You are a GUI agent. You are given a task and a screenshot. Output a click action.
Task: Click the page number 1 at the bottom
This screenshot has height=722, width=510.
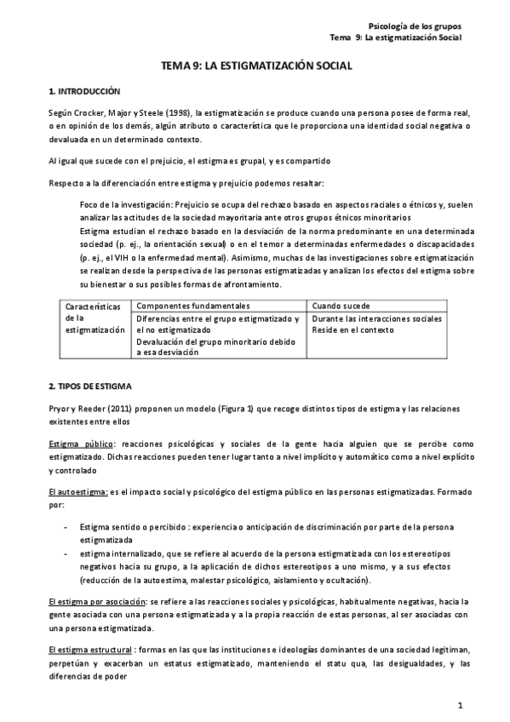coord(460,704)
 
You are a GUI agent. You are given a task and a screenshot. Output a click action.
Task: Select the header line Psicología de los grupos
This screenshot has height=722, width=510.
coord(418,27)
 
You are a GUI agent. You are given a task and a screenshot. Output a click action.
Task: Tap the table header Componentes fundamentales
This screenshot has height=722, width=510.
coord(192,305)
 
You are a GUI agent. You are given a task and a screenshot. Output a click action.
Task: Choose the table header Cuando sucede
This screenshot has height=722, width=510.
coord(341,305)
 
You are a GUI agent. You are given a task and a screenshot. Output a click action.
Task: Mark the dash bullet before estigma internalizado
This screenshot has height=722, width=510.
coord(66,553)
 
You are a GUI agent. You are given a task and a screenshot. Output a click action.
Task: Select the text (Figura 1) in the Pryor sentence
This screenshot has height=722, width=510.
coord(235,408)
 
